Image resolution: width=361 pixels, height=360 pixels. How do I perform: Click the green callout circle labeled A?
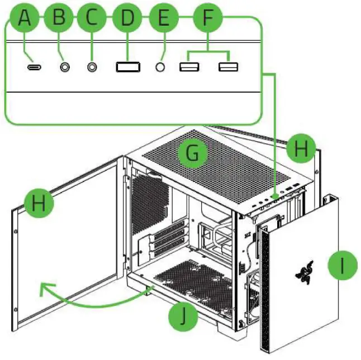(x=23, y=18)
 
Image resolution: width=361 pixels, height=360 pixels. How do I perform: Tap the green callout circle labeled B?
(x=59, y=18)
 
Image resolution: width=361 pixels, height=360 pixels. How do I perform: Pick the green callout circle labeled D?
(x=127, y=18)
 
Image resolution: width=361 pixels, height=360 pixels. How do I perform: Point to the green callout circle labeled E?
(x=163, y=18)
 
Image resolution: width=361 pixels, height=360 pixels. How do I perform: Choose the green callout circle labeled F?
(x=208, y=18)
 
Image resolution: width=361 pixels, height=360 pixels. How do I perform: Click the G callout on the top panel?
(x=192, y=154)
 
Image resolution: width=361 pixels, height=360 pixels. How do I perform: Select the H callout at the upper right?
(x=301, y=149)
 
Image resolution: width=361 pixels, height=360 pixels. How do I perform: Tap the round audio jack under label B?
(x=66, y=66)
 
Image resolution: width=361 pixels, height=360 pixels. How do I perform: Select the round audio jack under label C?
(x=92, y=66)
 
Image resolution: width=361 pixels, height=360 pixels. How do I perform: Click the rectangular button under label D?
(x=127, y=66)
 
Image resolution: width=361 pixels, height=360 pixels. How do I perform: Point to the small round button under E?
(x=162, y=66)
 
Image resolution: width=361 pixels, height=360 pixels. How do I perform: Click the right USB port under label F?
(x=228, y=66)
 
